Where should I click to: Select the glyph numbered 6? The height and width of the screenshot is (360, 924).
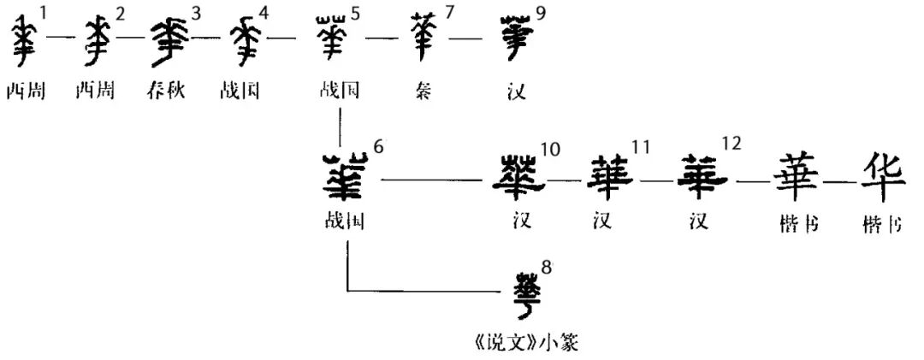[345, 178]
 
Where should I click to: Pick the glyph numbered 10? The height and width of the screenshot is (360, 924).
[518, 178]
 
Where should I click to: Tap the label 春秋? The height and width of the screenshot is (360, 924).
[168, 91]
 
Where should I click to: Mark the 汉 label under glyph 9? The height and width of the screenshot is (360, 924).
[516, 91]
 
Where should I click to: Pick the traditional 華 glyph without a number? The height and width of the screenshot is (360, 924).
[796, 178]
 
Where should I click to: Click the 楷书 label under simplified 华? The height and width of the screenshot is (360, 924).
[883, 224]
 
